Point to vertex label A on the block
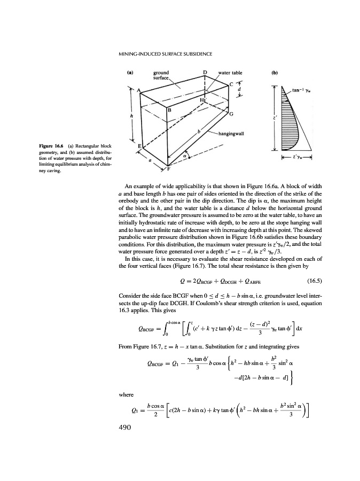click(139, 90)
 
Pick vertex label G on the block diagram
click(231, 114)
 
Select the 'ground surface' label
click(161, 74)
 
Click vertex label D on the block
click(205, 72)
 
